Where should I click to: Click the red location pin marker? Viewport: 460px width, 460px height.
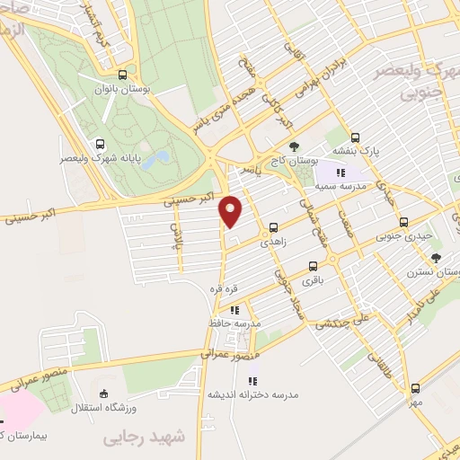click(231, 211)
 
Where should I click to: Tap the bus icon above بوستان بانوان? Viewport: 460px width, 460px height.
click(122, 75)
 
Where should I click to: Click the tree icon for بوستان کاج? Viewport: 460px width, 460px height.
click(294, 146)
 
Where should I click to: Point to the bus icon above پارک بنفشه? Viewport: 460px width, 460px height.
click(356, 138)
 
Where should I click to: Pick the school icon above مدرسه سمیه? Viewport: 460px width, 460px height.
click(341, 172)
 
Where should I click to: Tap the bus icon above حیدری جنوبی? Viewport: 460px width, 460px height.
click(403, 222)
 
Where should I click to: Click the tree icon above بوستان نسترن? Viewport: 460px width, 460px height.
click(436, 257)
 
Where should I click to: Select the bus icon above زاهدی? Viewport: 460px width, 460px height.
click(273, 228)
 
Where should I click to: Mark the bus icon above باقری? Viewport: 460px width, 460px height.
click(313, 266)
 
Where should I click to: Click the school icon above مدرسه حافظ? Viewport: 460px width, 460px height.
click(234, 310)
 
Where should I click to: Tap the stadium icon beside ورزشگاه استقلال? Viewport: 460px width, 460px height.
click(104, 393)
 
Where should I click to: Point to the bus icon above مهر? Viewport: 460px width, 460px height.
click(414, 388)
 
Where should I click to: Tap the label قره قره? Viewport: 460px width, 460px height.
click(224, 288)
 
